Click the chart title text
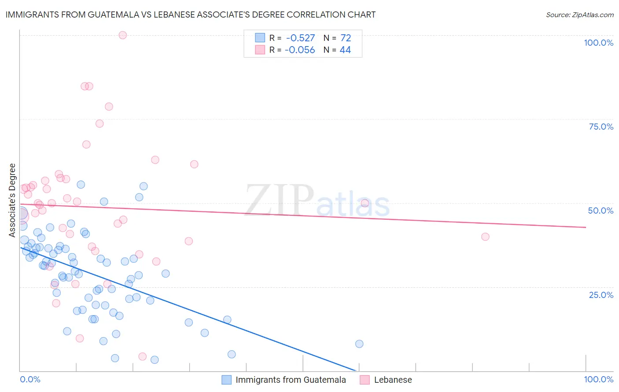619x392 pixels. coord(190,15)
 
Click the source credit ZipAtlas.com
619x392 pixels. coord(579,15)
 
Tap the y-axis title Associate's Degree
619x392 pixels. coord(12,200)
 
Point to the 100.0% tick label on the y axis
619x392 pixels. coord(598,43)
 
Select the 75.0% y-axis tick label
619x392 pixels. coord(601,127)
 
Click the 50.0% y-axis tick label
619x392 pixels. coord(601,211)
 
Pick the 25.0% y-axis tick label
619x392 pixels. coord(601,295)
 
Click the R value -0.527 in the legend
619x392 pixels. coord(300,38)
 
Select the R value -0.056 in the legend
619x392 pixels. coord(300,50)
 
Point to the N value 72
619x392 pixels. coord(346,38)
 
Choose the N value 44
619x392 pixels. coord(345,50)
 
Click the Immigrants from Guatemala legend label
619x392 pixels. coord(291,380)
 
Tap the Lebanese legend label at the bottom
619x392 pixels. coord(393,380)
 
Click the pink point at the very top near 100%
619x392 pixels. coord(123,35)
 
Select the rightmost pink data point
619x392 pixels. coord(485,237)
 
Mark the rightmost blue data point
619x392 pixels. coord(359,344)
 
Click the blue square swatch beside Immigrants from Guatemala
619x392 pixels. coord(226,380)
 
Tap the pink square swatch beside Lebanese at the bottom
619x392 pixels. coord(365,380)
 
